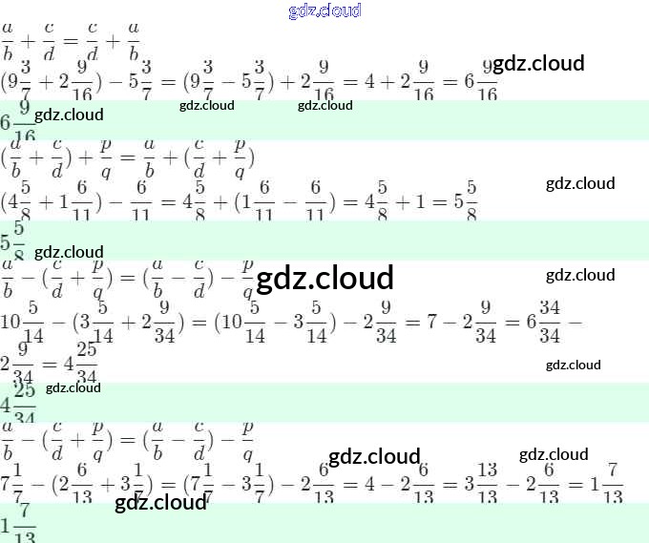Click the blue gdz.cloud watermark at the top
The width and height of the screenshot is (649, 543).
pyautogui.click(x=324, y=10)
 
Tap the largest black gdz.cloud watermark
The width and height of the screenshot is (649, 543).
pyautogui.click(x=325, y=278)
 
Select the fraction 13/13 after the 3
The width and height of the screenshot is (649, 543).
pyautogui.click(x=487, y=485)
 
